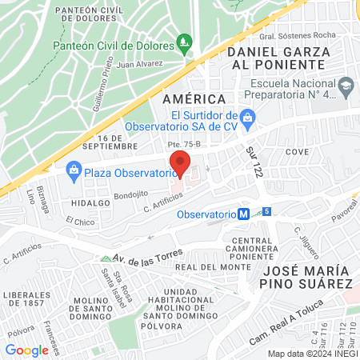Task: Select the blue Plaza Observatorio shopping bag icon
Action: click(74, 170)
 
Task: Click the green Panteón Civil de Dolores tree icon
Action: click(186, 40)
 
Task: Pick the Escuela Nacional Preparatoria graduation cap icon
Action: click(346, 86)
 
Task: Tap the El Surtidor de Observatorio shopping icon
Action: click(247, 118)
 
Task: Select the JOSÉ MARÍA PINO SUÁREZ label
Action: click(307, 276)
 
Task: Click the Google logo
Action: click(27, 350)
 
